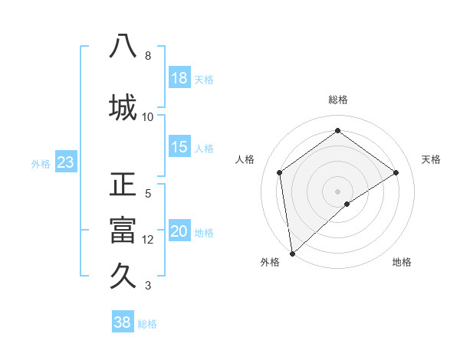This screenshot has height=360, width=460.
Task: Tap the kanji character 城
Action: click(x=123, y=106)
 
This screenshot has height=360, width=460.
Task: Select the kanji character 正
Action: click(x=123, y=187)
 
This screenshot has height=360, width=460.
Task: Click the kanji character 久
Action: click(x=123, y=275)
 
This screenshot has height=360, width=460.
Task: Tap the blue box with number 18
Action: click(x=179, y=78)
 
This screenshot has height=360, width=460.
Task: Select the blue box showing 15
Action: click(x=179, y=147)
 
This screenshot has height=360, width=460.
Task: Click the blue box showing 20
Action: click(x=179, y=232)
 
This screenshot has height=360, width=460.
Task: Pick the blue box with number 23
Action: click(x=65, y=162)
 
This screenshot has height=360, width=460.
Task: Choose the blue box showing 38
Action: click(x=123, y=322)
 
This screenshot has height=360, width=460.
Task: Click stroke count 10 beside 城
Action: click(x=148, y=116)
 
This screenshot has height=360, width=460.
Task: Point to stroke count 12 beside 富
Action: click(x=148, y=239)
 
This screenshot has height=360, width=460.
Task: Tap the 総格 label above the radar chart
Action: click(x=338, y=100)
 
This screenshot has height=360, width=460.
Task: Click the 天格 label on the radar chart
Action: click(x=431, y=159)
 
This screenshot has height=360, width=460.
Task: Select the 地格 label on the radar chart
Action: click(x=402, y=262)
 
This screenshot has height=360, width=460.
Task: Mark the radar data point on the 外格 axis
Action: click(x=291, y=253)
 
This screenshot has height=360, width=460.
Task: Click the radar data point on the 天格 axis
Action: click(x=396, y=172)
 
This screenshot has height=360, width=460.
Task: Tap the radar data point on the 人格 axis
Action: click(x=280, y=172)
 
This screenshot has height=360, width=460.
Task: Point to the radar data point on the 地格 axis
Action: click(x=347, y=204)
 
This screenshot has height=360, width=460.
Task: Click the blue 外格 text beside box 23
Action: click(x=41, y=163)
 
